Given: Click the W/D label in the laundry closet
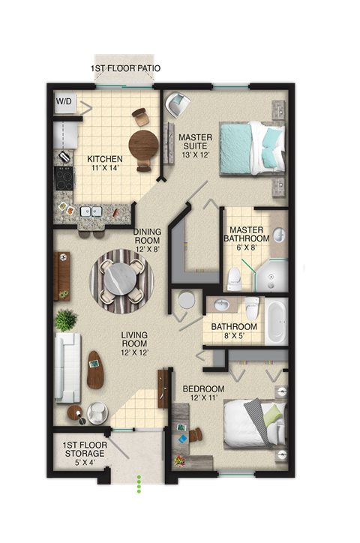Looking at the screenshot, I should click(65, 101).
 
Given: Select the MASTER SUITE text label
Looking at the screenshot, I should click(195, 142).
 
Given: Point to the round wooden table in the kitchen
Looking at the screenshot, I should click(143, 142).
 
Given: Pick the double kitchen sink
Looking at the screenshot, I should click(91, 211).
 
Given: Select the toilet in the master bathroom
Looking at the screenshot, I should click(234, 278).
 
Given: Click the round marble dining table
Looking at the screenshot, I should click(121, 281).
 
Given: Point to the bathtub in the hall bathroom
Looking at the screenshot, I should click(275, 322).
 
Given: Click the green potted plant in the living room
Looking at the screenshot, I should click(65, 319).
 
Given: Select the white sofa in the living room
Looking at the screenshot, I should click(67, 367).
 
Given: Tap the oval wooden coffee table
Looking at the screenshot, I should click(96, 369).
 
